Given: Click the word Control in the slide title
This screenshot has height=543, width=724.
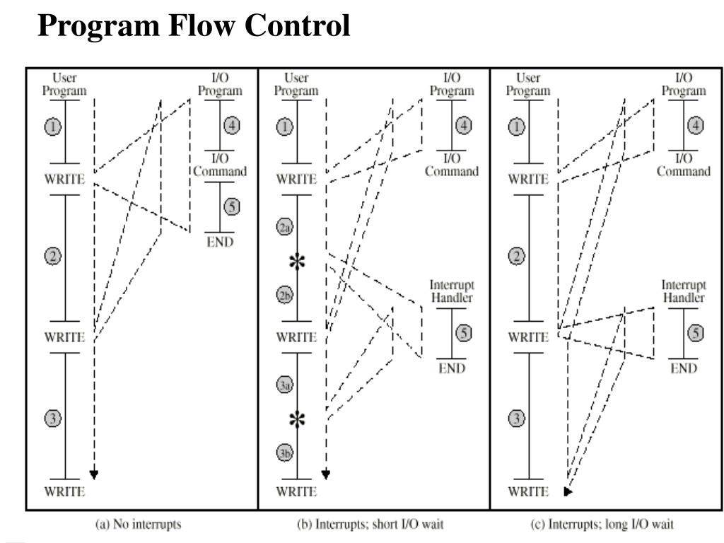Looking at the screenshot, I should click(x=298, y=26).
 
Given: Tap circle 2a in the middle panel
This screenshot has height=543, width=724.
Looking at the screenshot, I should click(x=285, y=226).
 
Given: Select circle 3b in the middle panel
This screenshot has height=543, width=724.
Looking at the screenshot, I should click(x=285, y=453).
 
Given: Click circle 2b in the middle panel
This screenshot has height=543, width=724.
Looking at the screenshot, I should click(x=285, y=296).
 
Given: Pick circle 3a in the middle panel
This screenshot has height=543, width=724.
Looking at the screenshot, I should click(x=285, y=385).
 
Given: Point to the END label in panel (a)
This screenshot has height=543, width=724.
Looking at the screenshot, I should click(x=220, y=242).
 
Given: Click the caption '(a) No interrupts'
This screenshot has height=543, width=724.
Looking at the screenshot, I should click(x=138, y=525).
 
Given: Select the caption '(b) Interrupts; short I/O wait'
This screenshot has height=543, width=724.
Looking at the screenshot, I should click(x=370, y=525).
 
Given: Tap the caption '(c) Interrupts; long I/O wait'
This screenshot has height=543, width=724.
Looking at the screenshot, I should click(x=602, y=525).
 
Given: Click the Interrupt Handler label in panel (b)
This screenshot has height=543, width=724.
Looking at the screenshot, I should click(x=451, y=291).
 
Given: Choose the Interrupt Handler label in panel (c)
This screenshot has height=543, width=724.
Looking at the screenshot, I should click(x=683, y=291).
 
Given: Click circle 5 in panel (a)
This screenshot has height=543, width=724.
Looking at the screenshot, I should click(x=232, y=207).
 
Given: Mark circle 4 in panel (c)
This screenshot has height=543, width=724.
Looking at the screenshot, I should click(x=696, y=126).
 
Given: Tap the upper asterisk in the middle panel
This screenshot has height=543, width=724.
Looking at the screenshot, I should click(x=298, y=262).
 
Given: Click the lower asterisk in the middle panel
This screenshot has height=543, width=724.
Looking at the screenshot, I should click(x=298, y=419).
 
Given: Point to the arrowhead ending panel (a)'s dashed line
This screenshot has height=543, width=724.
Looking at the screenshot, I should click(x=93, y=474).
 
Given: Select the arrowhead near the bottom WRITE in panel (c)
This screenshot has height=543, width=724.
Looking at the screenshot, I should click(x=568, y=491).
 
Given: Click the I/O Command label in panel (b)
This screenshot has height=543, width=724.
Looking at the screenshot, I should click(x=451, y=165).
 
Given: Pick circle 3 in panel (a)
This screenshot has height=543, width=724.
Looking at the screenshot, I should click(x=53, y=419).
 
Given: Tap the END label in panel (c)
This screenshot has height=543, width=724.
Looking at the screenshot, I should click(x=683, y=368).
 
